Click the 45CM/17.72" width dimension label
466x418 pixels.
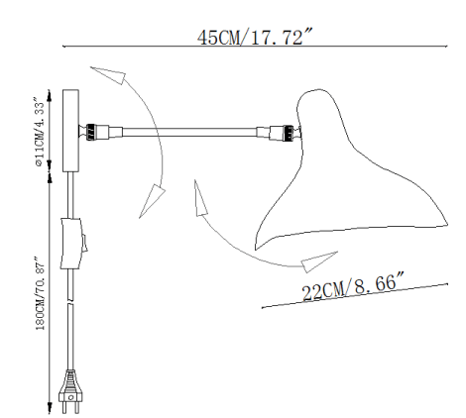255,37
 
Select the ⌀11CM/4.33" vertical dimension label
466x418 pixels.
39,132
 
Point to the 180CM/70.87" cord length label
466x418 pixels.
40,293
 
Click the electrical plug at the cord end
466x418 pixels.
70,392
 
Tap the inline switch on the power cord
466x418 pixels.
72,243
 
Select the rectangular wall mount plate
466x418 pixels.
70,131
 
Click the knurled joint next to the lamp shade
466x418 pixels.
289,134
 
